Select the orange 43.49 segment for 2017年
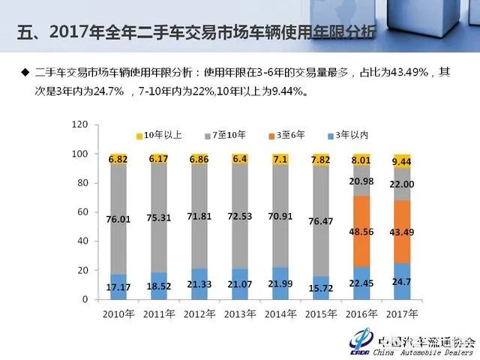[402, 232]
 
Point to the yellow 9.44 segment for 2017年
[402, 160]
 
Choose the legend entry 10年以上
[160, 135]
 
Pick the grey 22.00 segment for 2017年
[402, 184]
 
